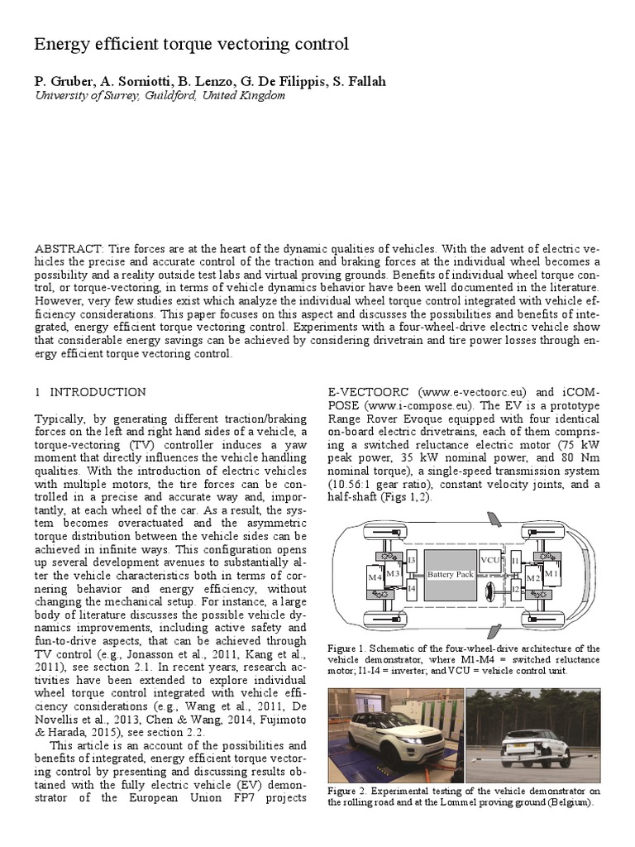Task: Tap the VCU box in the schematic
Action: (490, 558)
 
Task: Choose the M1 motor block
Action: (551, 572)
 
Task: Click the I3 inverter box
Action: (411, 561)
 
